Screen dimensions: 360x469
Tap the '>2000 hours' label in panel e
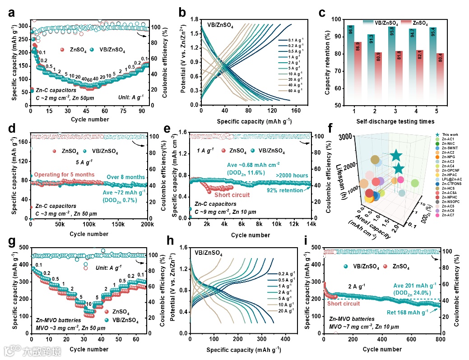[x=293, y=175]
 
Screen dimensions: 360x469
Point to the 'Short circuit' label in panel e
[x=232, y=195]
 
